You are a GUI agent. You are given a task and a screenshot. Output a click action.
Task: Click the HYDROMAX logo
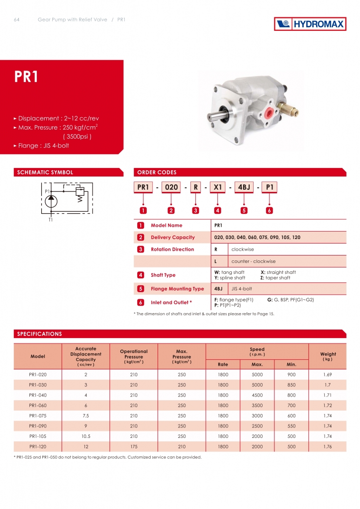tap(310, 23)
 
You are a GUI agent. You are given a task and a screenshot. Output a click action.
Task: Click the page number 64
tap(16, 20)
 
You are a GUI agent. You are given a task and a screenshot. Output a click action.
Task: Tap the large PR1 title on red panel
tap(26, 77)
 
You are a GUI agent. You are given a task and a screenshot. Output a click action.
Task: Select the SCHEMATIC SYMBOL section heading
tap(45, 172)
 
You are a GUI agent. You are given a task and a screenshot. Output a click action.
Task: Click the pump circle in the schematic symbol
tap(51, 201)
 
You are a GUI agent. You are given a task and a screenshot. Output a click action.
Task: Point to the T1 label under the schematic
tap(50, 219)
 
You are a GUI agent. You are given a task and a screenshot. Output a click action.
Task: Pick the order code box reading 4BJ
tap(244, 187)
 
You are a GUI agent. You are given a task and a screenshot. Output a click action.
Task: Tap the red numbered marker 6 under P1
tap(269, 210)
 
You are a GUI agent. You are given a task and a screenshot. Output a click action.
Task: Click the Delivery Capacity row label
tap(173, 237)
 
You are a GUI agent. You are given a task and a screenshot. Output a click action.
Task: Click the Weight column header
tap(328, 356)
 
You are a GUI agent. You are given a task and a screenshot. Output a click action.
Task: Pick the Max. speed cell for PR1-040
tap(257, 395)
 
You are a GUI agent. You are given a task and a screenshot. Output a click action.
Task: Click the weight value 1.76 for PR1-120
tap(328, 446)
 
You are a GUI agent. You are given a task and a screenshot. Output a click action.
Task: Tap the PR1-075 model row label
tap(38, 416)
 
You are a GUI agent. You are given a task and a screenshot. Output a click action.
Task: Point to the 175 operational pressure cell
tap(133, 446)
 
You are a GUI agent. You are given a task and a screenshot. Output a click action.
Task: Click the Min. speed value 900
tap(291, 374)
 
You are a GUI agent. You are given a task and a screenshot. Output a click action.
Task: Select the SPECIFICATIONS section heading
tap(40, 334)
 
